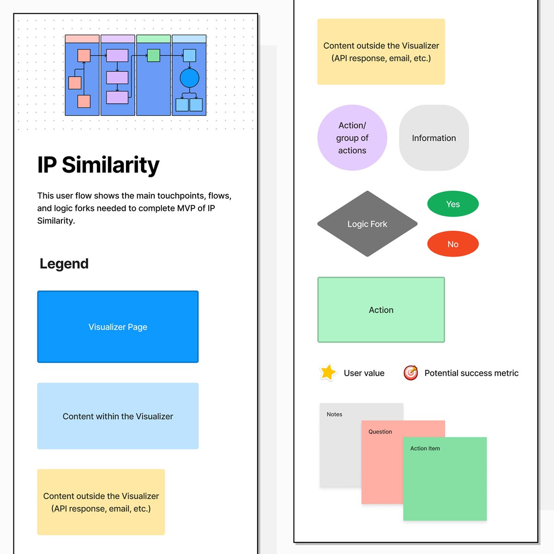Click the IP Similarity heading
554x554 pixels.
tap(98, 165)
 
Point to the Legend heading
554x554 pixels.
tap(64, 264)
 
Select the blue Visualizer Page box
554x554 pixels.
tap(118, 327)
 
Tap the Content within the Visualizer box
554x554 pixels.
tap(118, 416)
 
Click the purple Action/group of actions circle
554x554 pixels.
tap(352, 138)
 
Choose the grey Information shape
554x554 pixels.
tap(434, 138)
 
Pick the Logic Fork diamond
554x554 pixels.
tap(367, 224)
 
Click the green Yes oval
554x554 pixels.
tap(453, 204)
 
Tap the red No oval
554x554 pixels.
tap(453, 244)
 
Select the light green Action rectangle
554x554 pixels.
tap(381, 310)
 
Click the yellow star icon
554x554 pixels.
tap(328, 373)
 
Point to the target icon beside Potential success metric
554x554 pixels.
tap(410, 373)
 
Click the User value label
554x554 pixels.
tap(364, 373)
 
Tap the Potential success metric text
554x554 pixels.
tap(471, 373)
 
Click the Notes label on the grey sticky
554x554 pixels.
tap(334, 415)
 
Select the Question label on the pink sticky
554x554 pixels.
tap(380, 432)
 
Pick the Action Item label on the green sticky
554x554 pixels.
tap(425, 448)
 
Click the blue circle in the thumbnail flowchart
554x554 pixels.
tap(189, 78)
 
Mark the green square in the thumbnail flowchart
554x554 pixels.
tap(153, 56)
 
